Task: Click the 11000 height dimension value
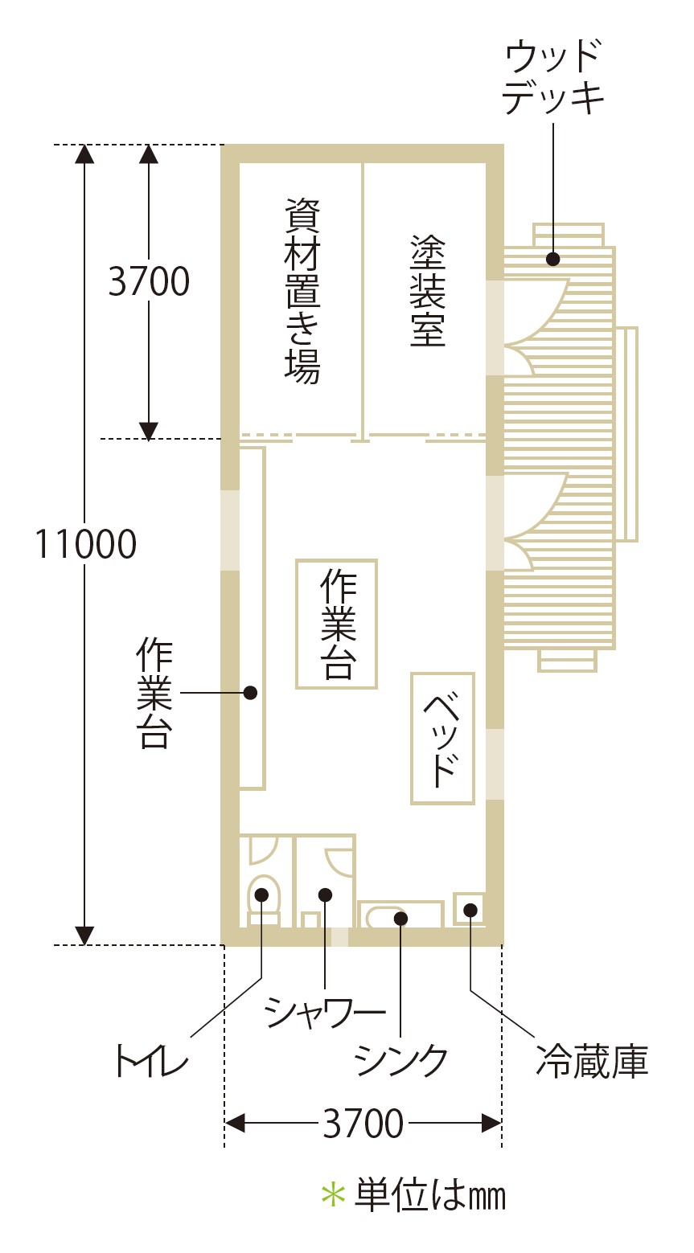[85, 544]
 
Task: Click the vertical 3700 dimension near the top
[149, 281]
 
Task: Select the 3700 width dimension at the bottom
[363, 1123]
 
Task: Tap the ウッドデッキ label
[554, 79]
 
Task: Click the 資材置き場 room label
[302, 290]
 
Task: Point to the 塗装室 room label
[427, 290]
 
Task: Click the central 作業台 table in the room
[337, 624]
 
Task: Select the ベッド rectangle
[442, 739]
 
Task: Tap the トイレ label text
[152, 1061]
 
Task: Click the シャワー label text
[325, 1013]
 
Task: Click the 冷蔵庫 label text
[592, 1061]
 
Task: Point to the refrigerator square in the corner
[469, 909]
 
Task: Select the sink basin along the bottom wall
[400, 916]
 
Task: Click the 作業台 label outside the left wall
[154, 693]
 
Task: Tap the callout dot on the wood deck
[553, 259]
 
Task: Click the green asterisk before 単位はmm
[332, 1194]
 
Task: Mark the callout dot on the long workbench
[250, 692]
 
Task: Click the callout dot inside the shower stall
[325, 894]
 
